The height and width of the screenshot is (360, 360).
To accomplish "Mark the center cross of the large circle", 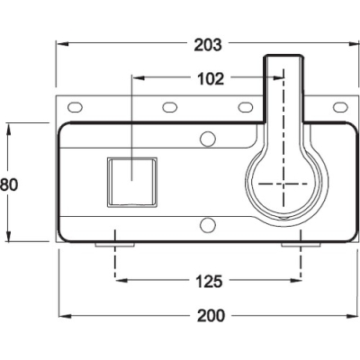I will click(286, 184).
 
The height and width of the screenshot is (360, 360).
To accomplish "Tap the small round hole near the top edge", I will click(208, 138).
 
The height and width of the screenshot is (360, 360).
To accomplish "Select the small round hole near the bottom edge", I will click(208, 224).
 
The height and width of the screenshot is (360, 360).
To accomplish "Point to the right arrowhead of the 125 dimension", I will click(292, 281).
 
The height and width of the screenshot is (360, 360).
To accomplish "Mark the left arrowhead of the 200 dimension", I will click(63, 316).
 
